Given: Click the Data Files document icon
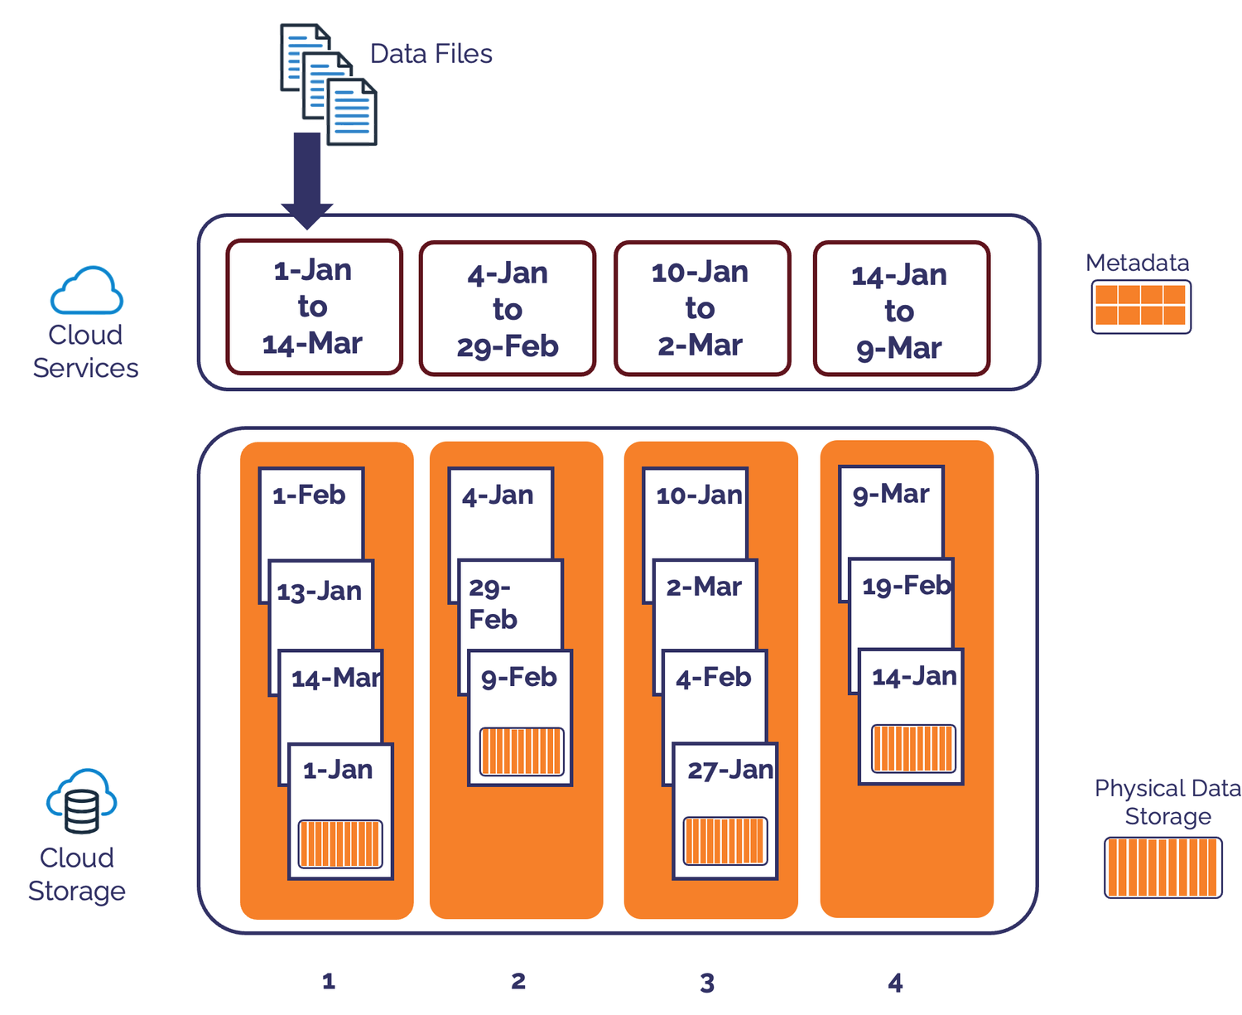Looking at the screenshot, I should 328,84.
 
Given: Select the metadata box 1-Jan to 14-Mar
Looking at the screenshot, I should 314,307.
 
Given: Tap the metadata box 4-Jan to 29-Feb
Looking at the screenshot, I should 508,309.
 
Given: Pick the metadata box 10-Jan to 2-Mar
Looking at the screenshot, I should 701,308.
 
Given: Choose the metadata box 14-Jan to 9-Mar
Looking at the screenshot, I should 901,310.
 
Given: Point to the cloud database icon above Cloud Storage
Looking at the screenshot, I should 81,801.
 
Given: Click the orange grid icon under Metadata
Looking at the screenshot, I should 1140,306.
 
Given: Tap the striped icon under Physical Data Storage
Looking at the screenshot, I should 1163,868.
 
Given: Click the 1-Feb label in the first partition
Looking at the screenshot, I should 309,495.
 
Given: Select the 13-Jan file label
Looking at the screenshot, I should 320,592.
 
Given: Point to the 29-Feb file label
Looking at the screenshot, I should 493,604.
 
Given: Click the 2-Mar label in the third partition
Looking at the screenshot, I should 704,587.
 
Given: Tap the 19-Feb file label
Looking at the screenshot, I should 906,586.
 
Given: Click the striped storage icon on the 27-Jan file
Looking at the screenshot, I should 724,840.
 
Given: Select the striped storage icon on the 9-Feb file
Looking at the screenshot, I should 522,752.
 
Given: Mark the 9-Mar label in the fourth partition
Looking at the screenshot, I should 891,494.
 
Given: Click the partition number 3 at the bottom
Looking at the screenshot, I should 707,983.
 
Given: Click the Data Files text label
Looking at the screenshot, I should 431,54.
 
